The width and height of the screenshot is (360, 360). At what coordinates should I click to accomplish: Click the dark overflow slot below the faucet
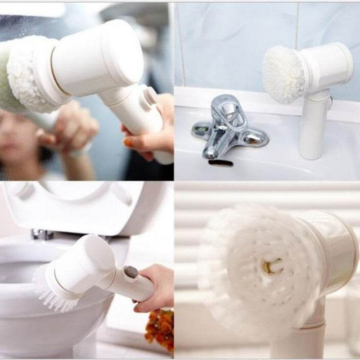point(221,163)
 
